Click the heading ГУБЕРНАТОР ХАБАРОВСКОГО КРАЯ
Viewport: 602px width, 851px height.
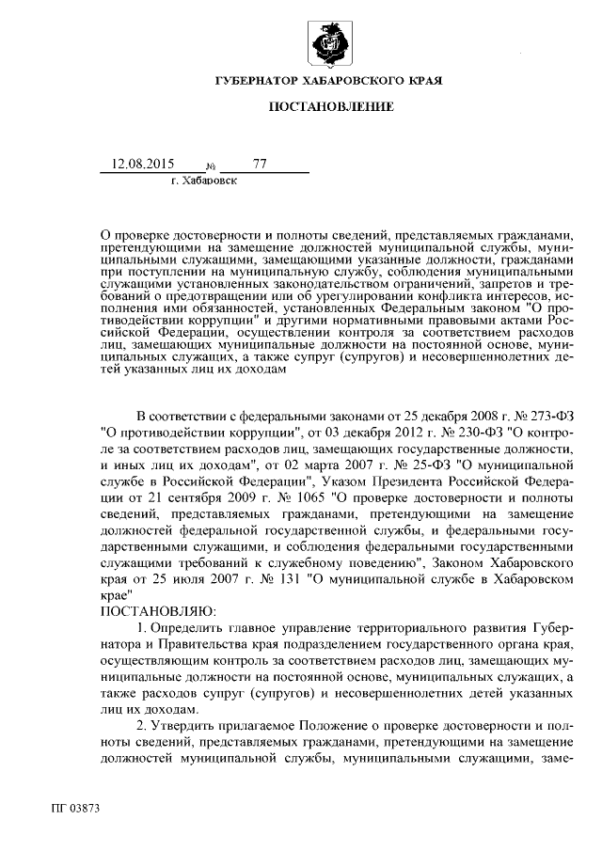click(329, 82)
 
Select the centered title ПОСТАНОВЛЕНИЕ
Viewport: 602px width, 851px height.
click(330, 109)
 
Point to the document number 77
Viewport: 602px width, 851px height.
click(261, 164)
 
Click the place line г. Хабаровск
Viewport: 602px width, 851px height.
click(204, 179)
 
